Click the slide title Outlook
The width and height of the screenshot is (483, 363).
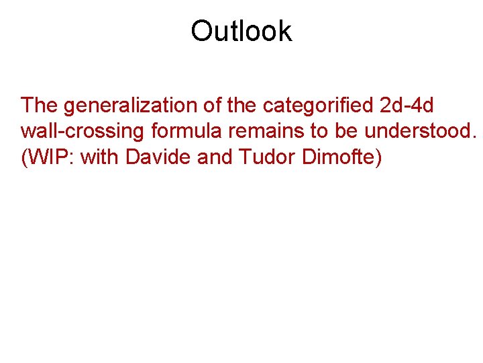point(241,31)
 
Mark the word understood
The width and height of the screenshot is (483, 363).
point(419,131)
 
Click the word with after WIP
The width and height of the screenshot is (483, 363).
point(100,157)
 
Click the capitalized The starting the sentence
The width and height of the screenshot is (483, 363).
point(40,106)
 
